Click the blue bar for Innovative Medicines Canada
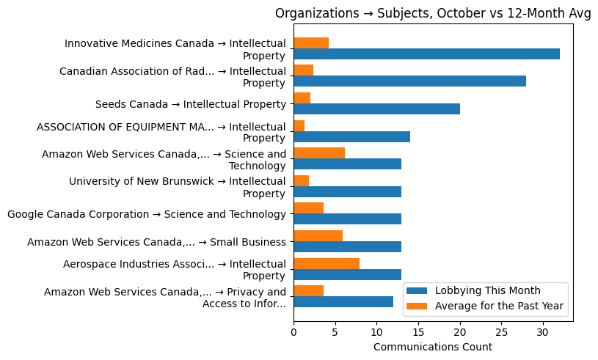click(426, 54)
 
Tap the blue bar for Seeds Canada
click(376, 109)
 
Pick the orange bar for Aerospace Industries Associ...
click(327, 263)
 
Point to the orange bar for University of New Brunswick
click(301, 180)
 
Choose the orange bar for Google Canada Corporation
click(308, 208)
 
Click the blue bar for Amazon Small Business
click(347, 246)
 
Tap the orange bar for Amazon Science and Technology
click(319, 153)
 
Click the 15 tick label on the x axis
click(418, 332)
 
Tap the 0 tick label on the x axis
click(293, 332)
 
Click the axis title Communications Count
click(433, 347)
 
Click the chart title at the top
click(433, 13)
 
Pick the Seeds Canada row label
click(190, 104)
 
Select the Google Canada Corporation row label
click(146, 214)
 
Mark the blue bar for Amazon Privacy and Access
click(343, 301)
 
